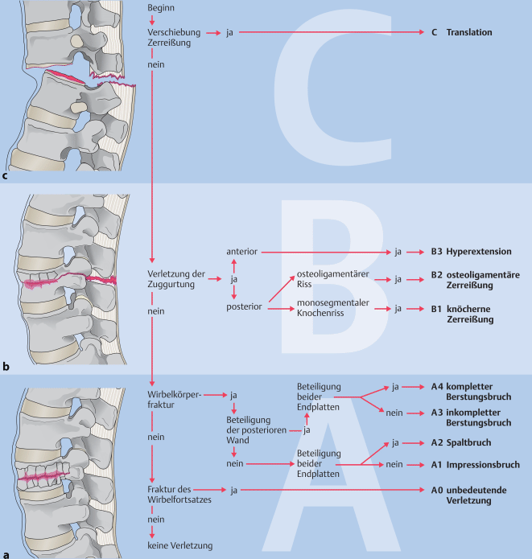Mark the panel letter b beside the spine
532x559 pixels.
click(x=6, y=367)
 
